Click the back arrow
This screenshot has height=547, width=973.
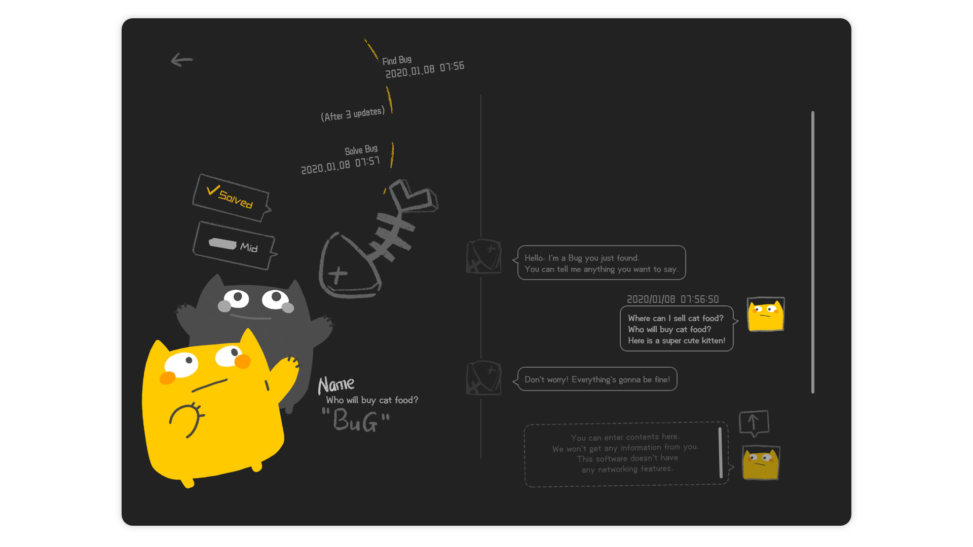[181, 60]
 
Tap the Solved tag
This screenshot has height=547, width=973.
[231, 198]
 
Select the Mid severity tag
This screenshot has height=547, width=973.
[234, 246]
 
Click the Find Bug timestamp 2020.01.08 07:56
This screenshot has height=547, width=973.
[425, 70]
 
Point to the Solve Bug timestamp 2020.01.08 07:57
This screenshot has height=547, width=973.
[340, 165]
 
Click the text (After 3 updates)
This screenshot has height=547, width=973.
[353, 114]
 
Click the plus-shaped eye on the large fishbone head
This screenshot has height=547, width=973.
[338, 275]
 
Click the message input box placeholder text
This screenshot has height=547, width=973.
[625, 453]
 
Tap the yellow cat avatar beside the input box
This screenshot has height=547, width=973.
[761, 462]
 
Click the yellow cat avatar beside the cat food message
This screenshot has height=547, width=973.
[766, 314]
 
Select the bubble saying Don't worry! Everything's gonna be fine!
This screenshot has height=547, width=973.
[596, 379]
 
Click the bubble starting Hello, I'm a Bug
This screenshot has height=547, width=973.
[601, 263]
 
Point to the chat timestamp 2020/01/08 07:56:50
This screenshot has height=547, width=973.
[672, 299]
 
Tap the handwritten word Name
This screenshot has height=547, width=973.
[336, 385]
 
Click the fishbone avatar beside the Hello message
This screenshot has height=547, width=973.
[484, 256]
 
